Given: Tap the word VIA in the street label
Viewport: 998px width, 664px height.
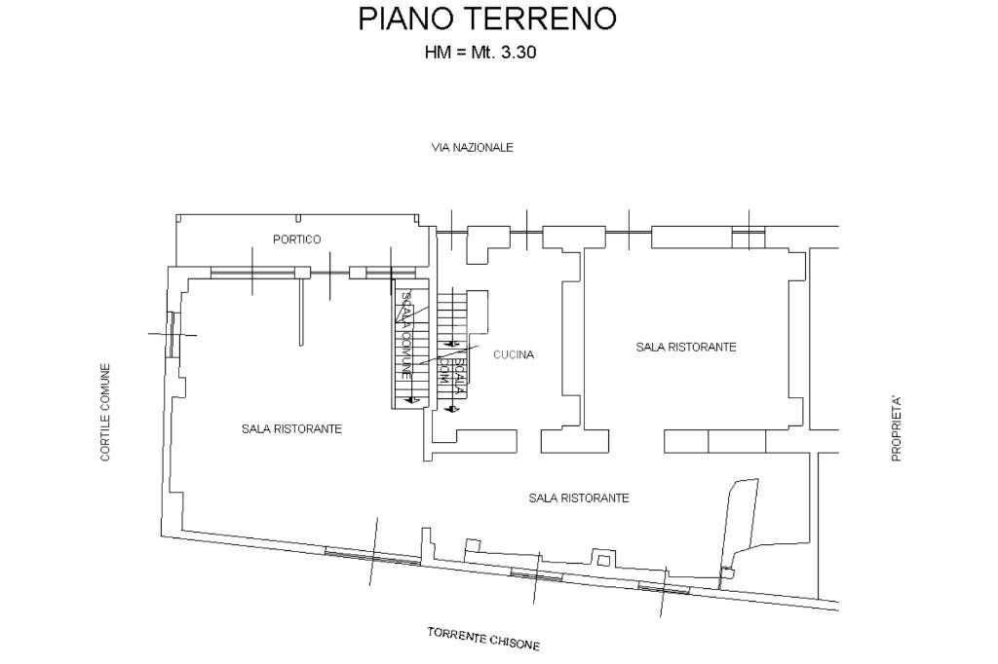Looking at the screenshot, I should click(x=441, y=148).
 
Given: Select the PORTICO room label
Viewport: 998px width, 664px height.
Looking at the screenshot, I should click(x=296, y=240).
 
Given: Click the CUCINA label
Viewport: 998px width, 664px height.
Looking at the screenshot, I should click(x=513, y=355).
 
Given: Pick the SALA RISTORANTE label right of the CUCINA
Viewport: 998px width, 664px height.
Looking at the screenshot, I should click(x=685, y=347).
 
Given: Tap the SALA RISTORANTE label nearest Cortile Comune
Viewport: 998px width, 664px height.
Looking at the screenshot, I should click(x=291, y=428).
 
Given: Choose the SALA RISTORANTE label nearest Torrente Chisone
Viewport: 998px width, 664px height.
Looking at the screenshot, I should click(x=578, y=498).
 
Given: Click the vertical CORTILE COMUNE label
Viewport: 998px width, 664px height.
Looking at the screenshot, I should click(x=105, y=412).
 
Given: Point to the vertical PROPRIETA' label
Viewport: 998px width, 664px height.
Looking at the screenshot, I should click(x=896, y=428).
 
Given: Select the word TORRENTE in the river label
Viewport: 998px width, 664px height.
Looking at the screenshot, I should click(x=457, y=636).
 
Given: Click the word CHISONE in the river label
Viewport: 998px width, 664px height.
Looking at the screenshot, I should click(x=515, y=643).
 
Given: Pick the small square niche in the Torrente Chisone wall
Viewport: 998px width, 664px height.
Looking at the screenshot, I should click(x=603, y=561).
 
